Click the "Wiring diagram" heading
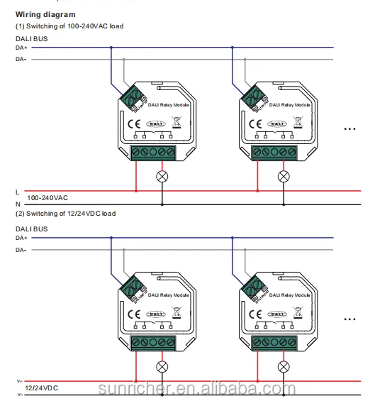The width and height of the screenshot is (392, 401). click(x=45, y=14)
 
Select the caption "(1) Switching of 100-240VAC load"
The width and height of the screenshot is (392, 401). click(x=69, y=26)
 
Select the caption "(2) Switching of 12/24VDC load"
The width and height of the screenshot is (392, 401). click(x=65, y=213)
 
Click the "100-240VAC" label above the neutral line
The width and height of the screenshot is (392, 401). click(x=48, y=198)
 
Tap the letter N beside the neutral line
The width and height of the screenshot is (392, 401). click(x=17, y=204)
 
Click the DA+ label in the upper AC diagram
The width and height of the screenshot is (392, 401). click(x=21, y=48)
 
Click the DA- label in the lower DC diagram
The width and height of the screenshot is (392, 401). click(x=21, y=250)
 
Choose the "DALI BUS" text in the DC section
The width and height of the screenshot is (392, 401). click(x=32, y=229)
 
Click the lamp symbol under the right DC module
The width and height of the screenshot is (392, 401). click(x=284, y=366)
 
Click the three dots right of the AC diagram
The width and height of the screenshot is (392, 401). click(x=349, y=129)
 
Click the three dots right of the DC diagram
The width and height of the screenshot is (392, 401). click(x=349, y=319)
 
